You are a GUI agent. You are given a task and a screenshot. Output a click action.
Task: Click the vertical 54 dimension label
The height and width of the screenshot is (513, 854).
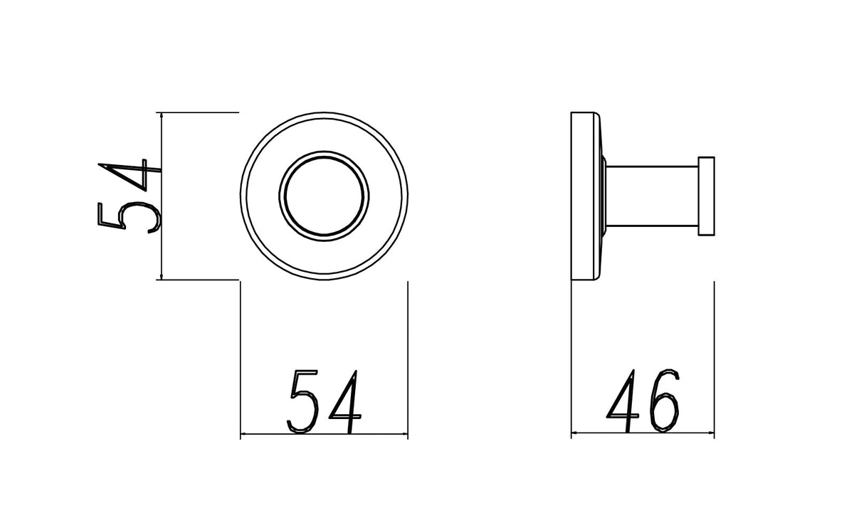pyautogui.click(x=130, y=196)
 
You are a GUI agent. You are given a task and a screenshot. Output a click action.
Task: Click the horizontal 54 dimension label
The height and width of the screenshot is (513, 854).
pyautogui.click(x=324, y=402)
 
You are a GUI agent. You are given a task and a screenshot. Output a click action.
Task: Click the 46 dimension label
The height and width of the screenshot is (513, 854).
pyautogui.click(x=643, y=401)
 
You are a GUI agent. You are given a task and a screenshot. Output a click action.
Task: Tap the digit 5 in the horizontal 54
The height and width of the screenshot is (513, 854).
pyautogui.click(x=303, y=401)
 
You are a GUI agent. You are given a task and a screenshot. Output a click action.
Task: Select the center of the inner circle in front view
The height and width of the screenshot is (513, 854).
pyautogui.click(x=324, y=196)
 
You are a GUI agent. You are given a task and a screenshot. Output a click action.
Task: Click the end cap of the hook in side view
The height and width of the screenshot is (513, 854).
pyautogui.click(x=706, y=196)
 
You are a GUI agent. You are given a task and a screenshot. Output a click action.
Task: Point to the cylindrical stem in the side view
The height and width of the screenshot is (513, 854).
pyautogui.click(x=652, y=196)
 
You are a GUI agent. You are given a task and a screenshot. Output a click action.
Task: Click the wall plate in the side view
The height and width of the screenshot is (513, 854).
pyautogui.click(x=582, y=196)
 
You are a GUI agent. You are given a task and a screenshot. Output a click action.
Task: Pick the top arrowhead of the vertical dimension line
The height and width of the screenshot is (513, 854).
pyautogui.click(x=162, y=115)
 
